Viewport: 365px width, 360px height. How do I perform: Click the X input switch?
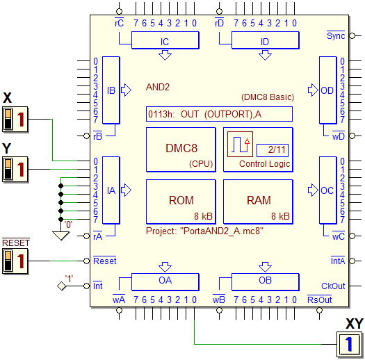[x=15, y=119]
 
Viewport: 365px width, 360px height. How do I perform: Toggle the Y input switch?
[x=15, y=169]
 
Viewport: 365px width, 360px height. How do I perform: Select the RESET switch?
[x=15, y=261]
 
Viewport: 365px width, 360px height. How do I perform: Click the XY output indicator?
[x=350, y=344]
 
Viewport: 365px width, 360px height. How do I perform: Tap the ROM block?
[x=181, y=202]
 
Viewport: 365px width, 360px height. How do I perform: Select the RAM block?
[x=258, y=202]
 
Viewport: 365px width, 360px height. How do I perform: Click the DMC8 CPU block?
[x=181, y=149]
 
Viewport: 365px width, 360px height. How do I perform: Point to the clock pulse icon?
[x=240, y=145]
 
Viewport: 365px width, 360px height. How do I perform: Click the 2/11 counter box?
[x=273, y=150]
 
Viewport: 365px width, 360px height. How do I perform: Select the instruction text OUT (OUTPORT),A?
[x=221, y=114]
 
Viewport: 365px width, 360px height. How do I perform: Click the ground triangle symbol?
[x=60, y=236]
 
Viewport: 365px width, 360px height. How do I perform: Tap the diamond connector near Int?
[x=61, y=286]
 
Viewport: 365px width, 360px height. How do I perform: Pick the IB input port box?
[x=111, y=90]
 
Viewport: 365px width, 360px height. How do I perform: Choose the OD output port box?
[x=327, y=90]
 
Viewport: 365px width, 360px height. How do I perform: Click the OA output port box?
[x=165, y=281]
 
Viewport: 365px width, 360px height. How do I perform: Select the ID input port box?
[x=266, y=40]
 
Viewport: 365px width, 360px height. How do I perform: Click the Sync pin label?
[x=336, y=35]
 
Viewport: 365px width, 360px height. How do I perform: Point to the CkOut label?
[x=333, y=286]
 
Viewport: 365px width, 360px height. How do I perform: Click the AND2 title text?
[x=158, y=88]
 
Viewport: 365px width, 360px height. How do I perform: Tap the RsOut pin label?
[x=319, y=300]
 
